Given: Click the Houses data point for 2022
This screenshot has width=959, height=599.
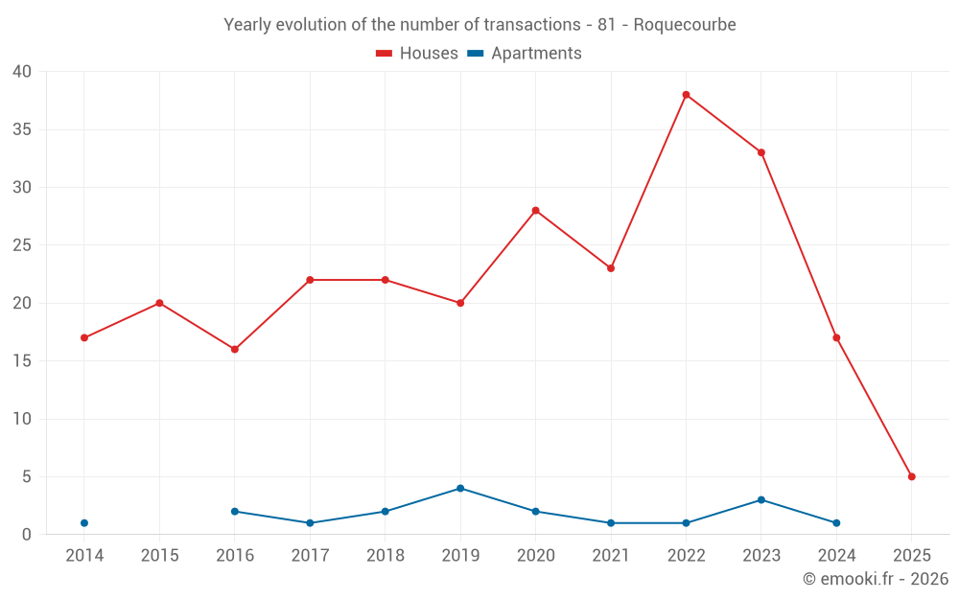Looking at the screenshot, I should coord(686,95).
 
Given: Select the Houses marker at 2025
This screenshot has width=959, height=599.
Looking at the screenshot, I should coord(911,476).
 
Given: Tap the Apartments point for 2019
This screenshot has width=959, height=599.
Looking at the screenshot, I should coord(460,488).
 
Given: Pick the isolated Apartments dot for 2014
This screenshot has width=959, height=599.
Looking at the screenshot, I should coord(84,523).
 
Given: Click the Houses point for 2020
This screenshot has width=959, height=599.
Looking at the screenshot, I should coord(535,211).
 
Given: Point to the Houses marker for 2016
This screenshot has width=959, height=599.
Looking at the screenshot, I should coord(235,349).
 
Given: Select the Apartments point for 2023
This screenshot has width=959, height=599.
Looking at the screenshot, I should coord(760,500).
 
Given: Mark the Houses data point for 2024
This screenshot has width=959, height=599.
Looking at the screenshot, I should coord(836,337).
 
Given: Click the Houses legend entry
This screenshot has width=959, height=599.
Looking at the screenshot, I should coord(417,54).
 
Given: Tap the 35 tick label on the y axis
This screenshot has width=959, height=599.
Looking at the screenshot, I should coord(22,129).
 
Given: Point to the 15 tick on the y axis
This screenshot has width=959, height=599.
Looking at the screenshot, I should coord(22,361).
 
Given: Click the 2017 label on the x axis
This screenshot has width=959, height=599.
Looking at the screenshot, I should coord(310,556).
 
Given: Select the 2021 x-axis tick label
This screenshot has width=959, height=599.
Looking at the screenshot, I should coord(611,556).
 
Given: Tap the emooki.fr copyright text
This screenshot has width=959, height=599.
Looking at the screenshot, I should coord(876,579).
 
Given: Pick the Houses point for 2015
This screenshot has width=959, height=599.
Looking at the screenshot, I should coord(159,303).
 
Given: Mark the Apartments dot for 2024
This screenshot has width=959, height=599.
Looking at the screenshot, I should coord(836,523).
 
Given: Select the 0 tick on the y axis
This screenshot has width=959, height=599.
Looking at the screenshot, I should coord(27,535).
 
